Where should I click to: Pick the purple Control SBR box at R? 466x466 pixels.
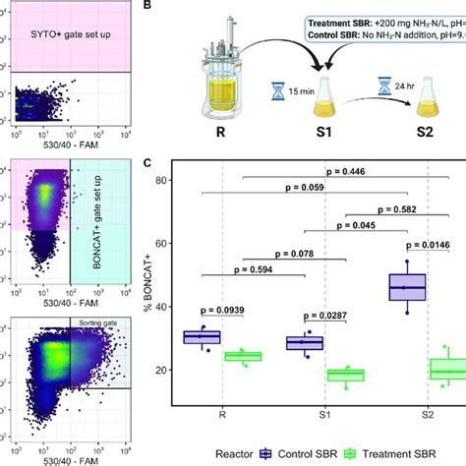point(202,337)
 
